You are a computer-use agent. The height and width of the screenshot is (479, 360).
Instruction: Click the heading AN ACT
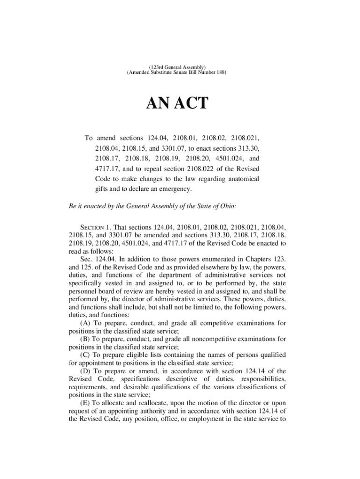(178, 103)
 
